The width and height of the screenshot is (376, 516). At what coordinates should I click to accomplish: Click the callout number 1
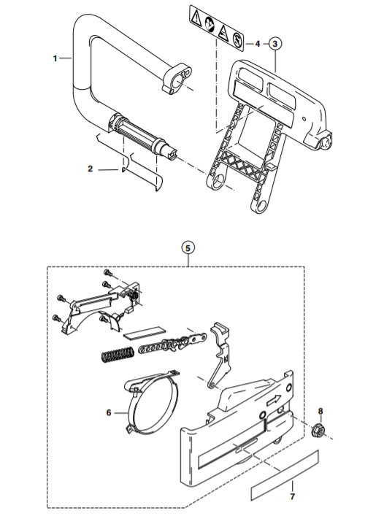point(55,58)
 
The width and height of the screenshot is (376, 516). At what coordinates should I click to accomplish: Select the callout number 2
point(91,169)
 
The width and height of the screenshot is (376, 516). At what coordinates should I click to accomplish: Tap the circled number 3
point(275,44)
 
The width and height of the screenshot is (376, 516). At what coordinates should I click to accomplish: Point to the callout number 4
point(258,44)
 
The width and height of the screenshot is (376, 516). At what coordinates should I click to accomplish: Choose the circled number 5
point(188,248)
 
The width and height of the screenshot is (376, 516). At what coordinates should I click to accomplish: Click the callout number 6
point(109,412)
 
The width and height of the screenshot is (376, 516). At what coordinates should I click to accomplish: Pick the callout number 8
point(321,411)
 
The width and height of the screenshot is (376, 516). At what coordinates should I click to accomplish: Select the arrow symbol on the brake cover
point(274,400)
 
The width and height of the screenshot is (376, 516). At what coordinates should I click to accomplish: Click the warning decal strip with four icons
point(217,28)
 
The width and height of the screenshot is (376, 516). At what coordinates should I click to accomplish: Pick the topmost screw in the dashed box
point(107,272)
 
